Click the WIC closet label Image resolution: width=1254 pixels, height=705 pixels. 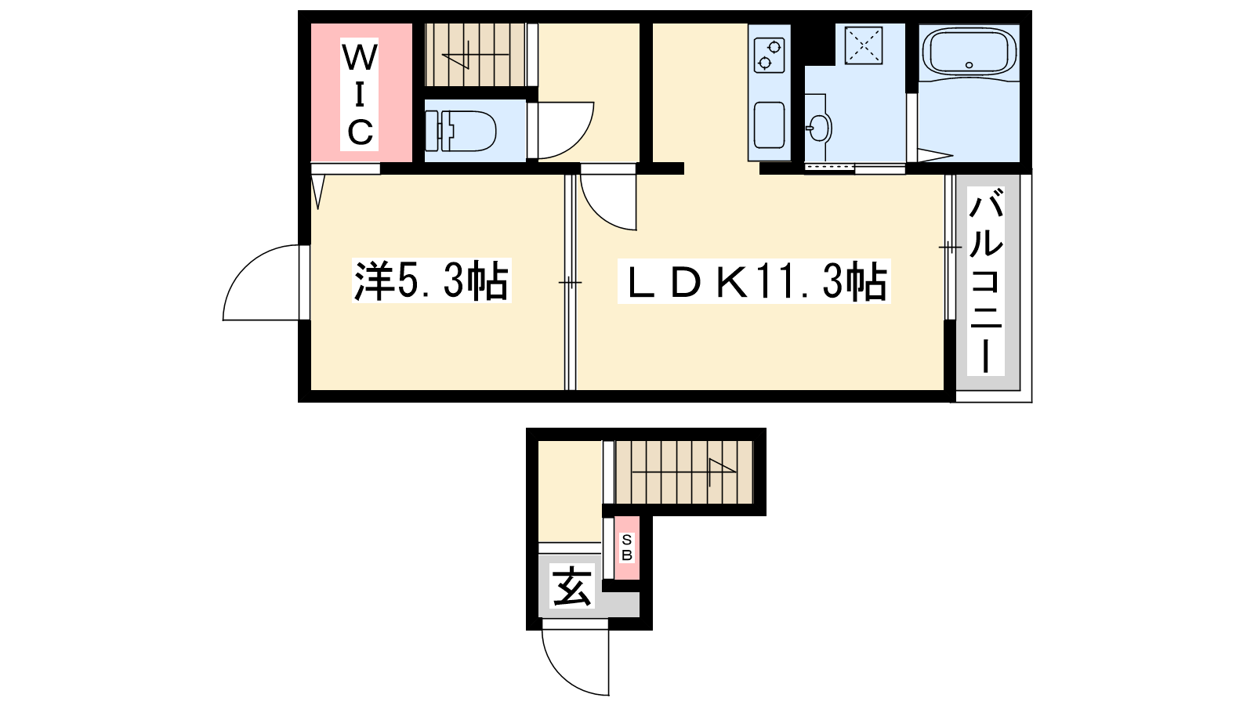click(360, 95)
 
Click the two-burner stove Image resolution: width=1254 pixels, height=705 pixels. click(768, 54)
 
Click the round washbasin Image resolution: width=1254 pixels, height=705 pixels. click(818, 128)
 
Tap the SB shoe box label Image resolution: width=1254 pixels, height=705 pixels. click(626, 548)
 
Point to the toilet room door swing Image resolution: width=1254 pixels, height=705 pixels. click(563, 129)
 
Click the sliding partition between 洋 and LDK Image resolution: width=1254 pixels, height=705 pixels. click(571, 282)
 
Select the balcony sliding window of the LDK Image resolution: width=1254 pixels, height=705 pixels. click(949, 248)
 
